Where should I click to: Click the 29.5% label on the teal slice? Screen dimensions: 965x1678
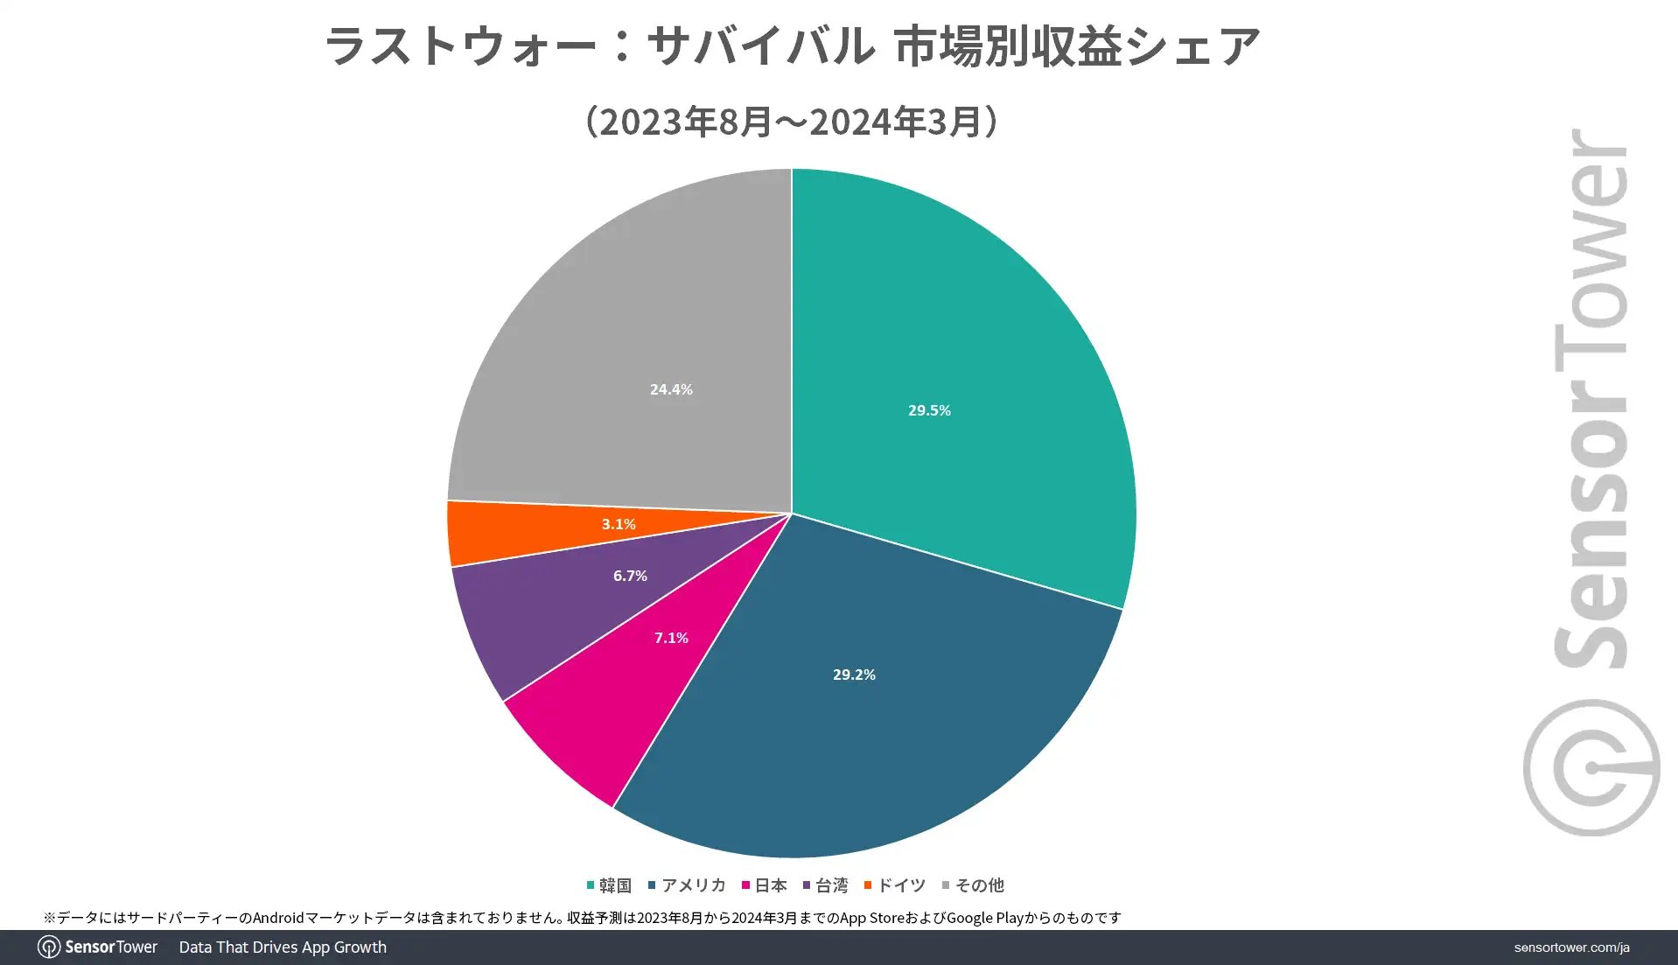pos(929,410)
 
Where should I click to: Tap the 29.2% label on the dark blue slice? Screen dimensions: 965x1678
pos(854,675)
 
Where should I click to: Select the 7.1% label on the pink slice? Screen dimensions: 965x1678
pos(671,638)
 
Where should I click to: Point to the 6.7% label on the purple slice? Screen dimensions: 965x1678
pos(630,576)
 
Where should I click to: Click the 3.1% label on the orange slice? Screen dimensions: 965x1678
pos(619,524)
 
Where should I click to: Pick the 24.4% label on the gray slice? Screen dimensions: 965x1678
pos(671,389)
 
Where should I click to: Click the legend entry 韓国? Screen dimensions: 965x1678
pos(610,885)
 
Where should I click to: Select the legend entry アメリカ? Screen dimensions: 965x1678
pos(688,885)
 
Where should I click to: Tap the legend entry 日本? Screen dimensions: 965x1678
pos(765,885)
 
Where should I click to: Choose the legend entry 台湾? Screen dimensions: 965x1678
pos(826,885)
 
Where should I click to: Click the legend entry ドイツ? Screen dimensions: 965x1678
pos(895,885)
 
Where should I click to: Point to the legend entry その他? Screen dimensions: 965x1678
pos(974,885)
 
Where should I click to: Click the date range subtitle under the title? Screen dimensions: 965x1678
pos(792,122)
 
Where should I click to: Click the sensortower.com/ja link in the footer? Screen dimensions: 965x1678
pos(1571,948)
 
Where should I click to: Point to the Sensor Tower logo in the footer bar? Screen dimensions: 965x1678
pos(98,948)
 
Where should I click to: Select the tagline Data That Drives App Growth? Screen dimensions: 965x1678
pos(283,948)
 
